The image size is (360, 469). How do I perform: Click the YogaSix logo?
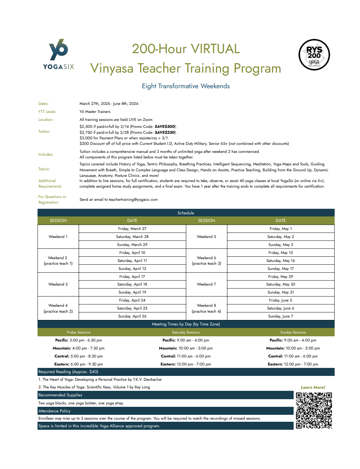[x=58, y=55]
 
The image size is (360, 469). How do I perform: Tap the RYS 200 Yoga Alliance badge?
[x=314, y=55]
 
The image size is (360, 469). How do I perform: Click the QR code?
[x=314, y=410]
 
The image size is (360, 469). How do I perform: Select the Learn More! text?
[x=313, y=387]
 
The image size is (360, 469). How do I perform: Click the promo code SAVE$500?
[x=165, y=126]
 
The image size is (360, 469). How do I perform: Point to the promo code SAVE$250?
[x=165, y=132]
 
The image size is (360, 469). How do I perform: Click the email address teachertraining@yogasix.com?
[x=133, y=199]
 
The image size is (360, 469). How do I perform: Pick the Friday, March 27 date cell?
[x=132, y=229]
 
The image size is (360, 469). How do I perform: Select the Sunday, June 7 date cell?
[x=280, y=316]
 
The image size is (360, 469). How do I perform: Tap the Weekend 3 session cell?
[x=58, y=284]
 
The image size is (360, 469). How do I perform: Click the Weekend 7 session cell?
[x=206, y=284]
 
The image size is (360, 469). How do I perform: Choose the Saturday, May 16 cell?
[x=280, y=261]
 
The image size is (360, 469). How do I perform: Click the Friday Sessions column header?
[x=79, y=332]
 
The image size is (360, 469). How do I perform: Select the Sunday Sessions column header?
[x=293, y=332]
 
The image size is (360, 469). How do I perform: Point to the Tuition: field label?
[x=44, y=132]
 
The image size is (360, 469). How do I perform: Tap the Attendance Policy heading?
[x=55, y=411]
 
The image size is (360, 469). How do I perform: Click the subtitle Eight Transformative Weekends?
[x=186, y=86]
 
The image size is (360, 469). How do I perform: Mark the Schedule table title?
[x=186, y=213]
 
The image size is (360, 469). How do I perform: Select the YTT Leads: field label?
[x=47, y=112]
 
